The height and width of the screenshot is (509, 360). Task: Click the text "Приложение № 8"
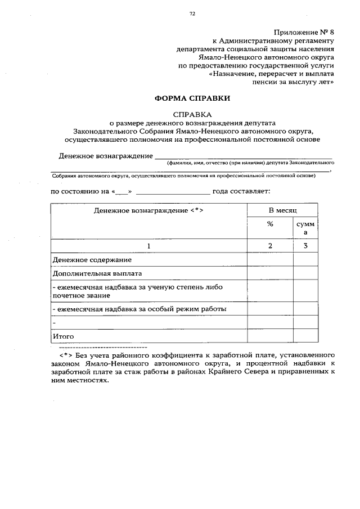point(304,32)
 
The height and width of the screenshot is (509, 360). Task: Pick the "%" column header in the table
point(270,224)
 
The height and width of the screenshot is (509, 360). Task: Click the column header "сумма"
point(305,228)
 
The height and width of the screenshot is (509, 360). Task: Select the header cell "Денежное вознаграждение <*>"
point(148,210)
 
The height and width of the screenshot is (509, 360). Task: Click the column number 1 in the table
point(148,246)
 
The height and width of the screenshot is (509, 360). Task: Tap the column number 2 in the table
point(270,246)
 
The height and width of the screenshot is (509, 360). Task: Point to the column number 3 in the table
point(305,246)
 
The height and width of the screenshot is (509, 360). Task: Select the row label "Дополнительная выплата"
point(97,274)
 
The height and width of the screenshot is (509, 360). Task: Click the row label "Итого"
point(63,336)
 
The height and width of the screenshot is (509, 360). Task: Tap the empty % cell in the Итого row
point(270,336)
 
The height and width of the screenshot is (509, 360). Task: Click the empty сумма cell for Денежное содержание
point(305,260)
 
